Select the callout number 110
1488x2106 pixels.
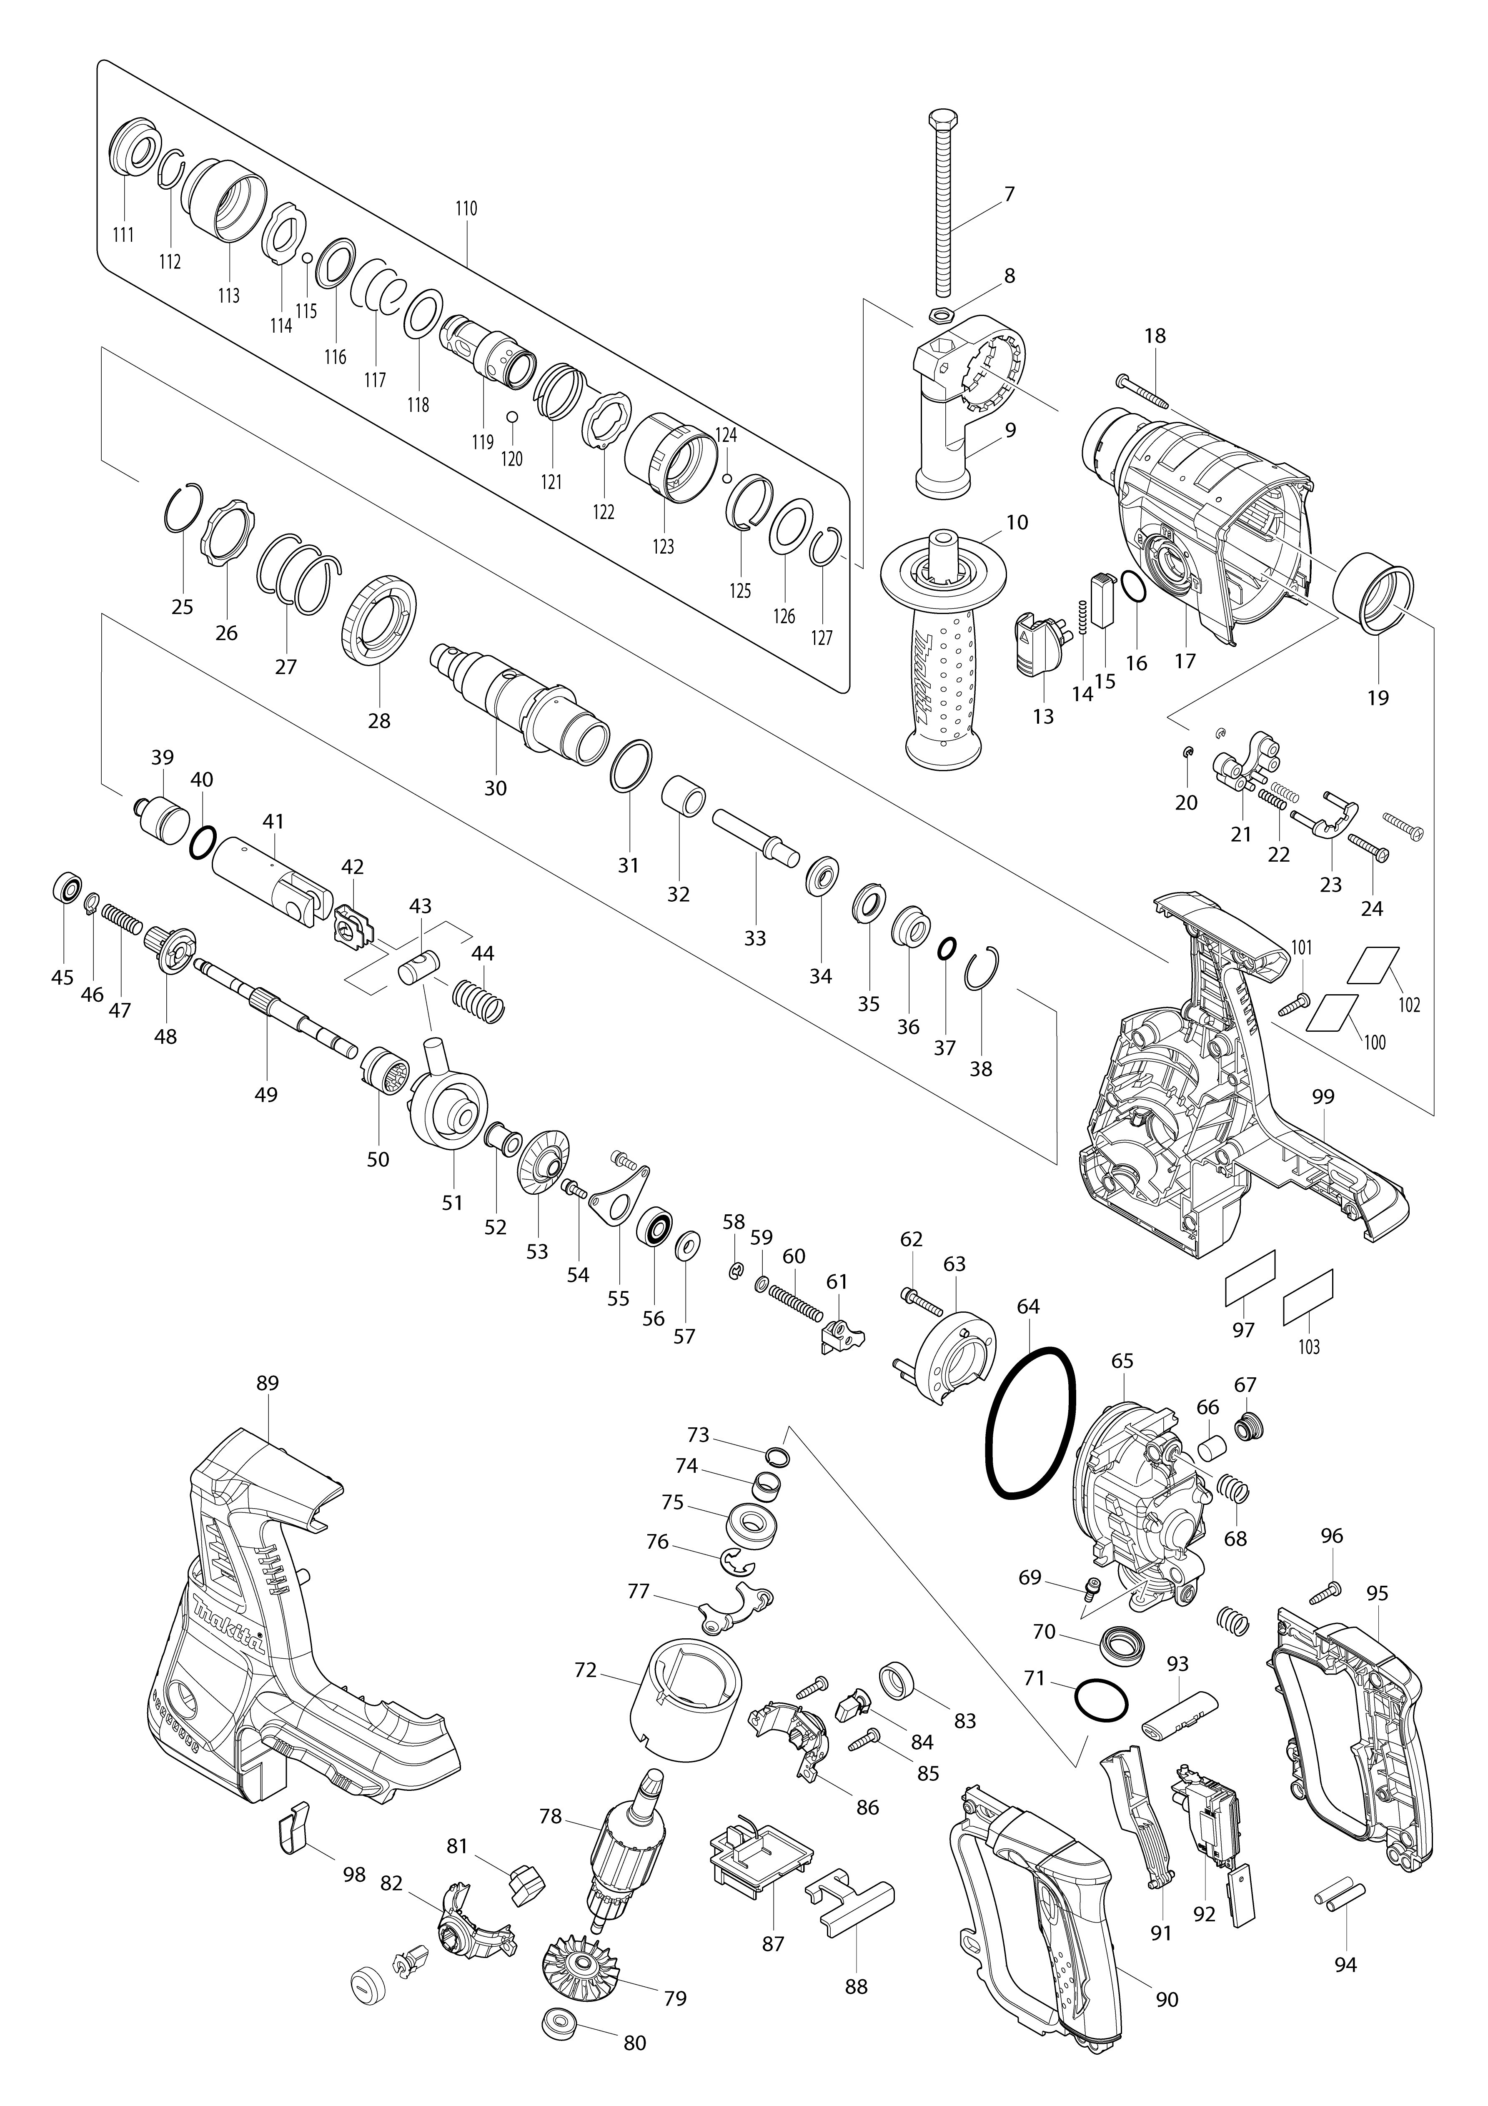(466, 208)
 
